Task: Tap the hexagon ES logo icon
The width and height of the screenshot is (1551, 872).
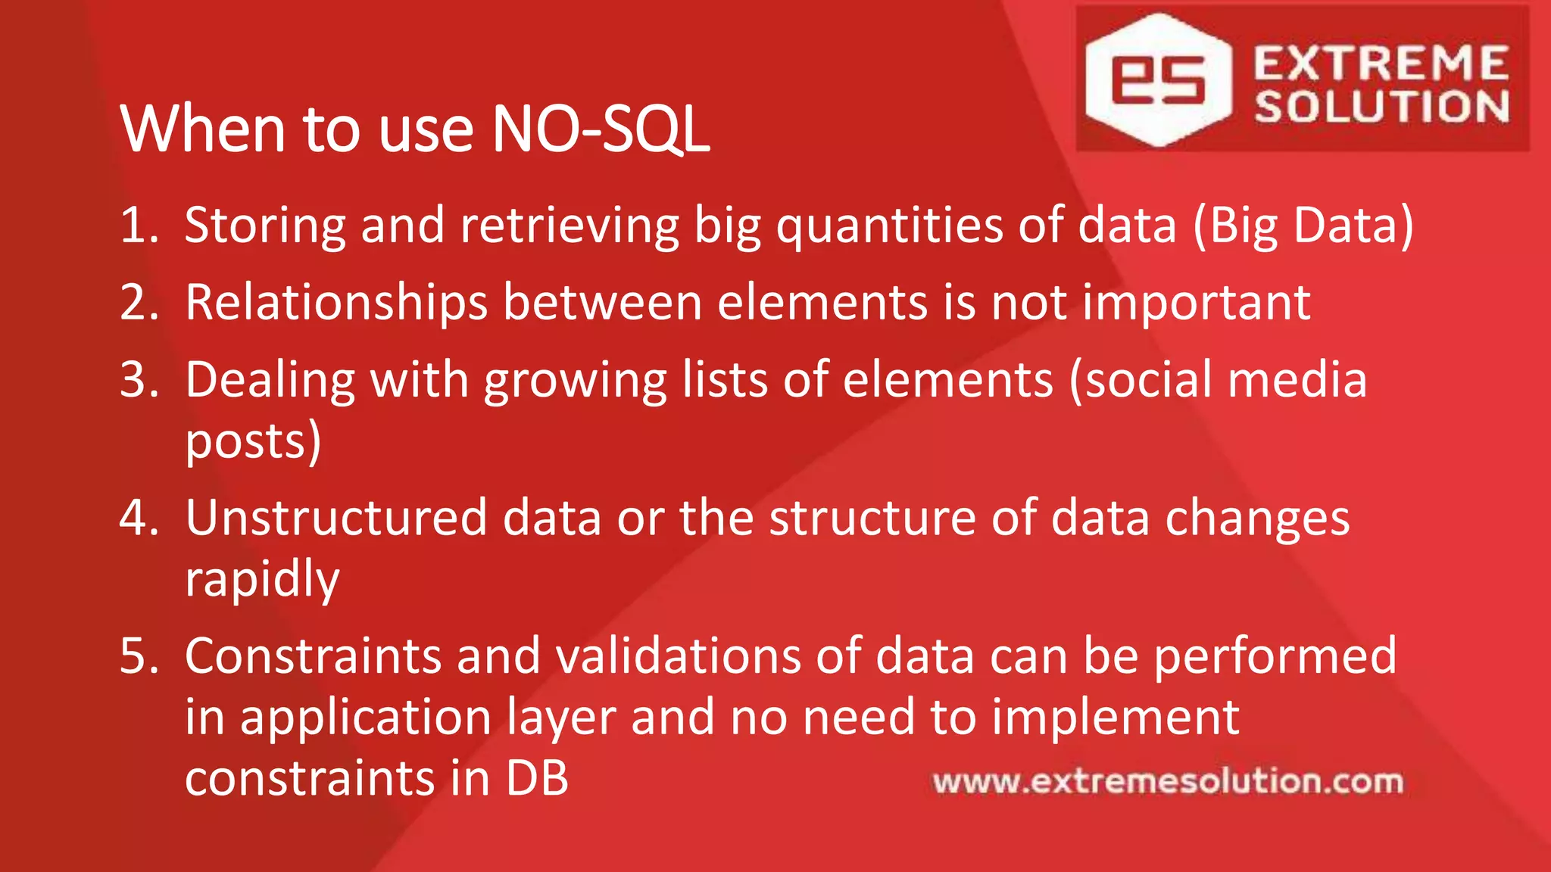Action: point(1158,79)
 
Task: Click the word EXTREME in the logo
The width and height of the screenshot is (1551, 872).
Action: point(1381,63)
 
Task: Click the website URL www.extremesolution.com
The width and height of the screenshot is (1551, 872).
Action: point(1168,781)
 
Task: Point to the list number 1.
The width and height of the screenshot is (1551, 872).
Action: point(138,225)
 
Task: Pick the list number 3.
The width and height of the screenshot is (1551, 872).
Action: point(138,379)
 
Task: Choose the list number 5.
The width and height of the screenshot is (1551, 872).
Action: point(138,656)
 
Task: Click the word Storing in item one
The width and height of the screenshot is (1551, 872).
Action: point(264,226)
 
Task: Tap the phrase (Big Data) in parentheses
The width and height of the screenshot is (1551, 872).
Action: point(1303,226)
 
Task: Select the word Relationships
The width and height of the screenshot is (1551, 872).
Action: point(336,303)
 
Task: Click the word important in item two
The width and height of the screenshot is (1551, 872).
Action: point(1197,303)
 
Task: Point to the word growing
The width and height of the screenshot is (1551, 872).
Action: point(575,381)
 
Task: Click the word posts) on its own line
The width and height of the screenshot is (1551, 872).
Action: point(253,442)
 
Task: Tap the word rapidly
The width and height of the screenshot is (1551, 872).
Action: point(262,580)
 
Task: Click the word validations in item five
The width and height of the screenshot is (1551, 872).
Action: point(678,656)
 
